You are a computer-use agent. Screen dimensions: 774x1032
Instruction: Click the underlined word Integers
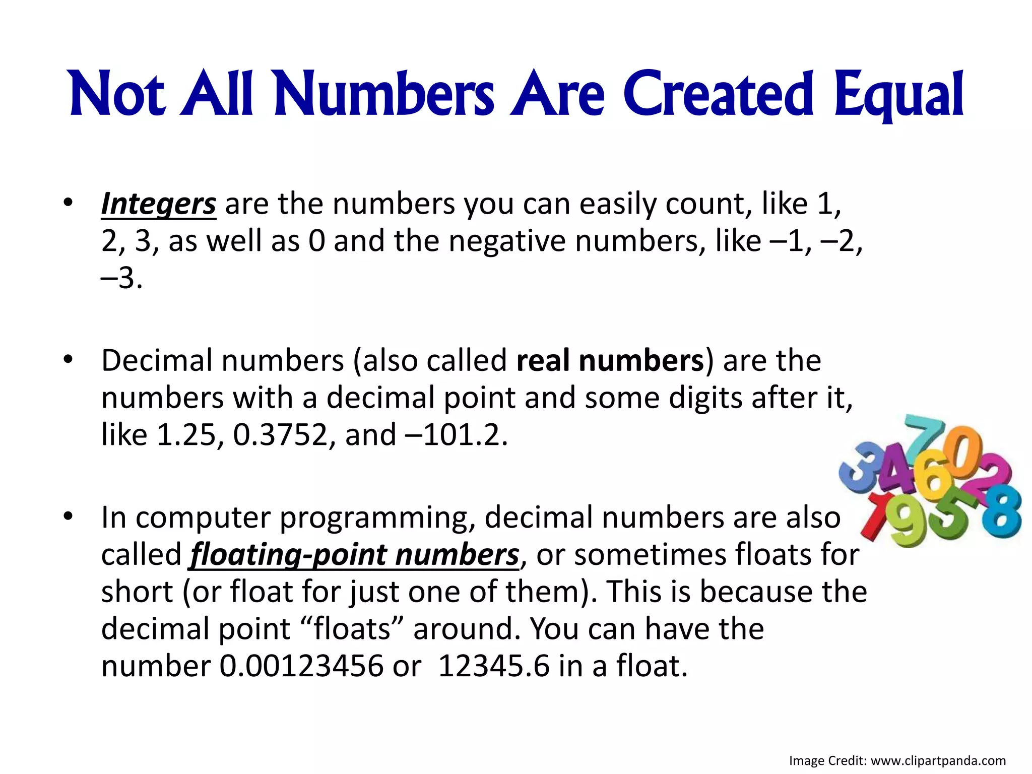tap(159, 204)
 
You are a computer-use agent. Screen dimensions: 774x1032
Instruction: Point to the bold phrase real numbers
tap(610, 361)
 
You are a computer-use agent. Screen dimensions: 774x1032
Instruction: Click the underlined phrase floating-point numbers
tap(354, 555)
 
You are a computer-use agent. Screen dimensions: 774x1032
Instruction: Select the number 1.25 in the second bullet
tap(186, 435)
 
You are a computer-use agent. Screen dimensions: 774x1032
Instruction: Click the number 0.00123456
tap(301, 666)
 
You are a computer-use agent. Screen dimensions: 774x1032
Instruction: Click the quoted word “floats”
tap(352, 629)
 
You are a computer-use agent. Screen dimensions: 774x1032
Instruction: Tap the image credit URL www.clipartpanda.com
tap(938, 761)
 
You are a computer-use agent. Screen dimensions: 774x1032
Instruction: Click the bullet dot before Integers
tap(69, 203)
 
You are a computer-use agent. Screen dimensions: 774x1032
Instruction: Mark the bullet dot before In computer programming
tap(69, 517)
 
